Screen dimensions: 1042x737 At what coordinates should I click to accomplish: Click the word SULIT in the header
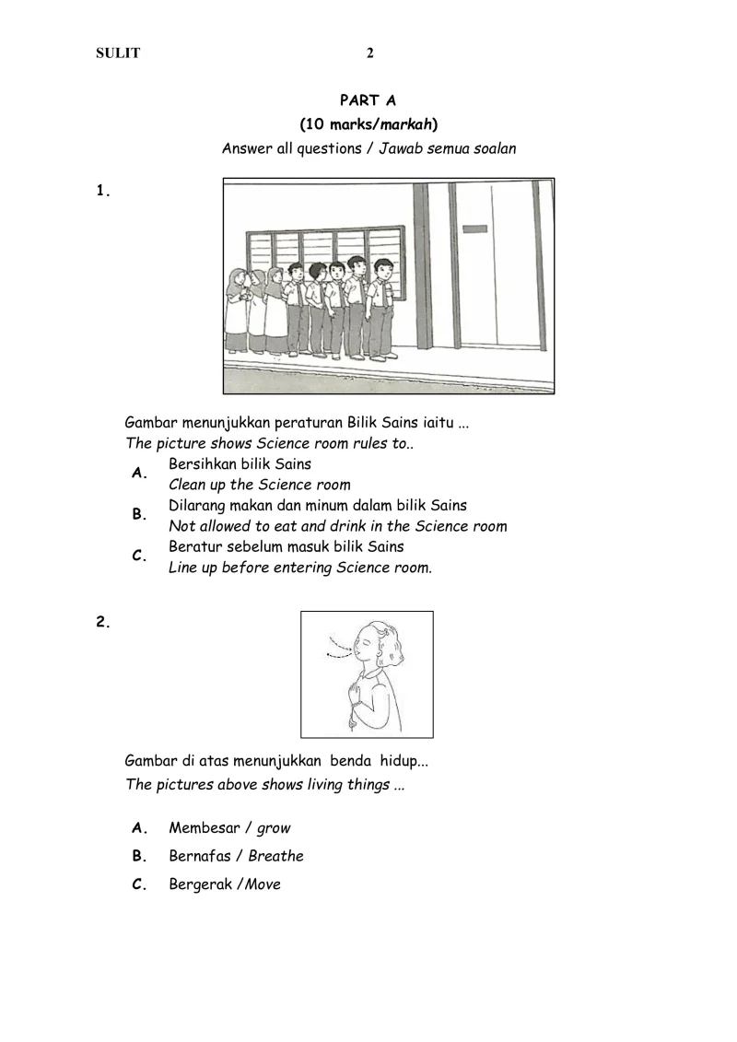pyautogui.click(x=118, y=53)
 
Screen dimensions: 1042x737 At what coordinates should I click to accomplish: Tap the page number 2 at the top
pyautogui.click(x=370, y=53)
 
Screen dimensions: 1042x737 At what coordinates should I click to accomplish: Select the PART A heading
pyautogui.click(x=368, y=100)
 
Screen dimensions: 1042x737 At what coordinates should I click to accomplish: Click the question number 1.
pyautogui.click(x=103, y=192)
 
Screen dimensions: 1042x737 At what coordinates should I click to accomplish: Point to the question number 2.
pyautogui.click(x=103, y=622)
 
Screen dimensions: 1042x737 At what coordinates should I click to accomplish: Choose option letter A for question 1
pyautogui.click(x=140, y=474)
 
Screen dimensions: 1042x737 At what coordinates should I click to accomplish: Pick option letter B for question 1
pyautogui.click(x=140, y=515)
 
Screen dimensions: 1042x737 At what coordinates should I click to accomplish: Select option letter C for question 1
pyautogui.click(x=140, y=556)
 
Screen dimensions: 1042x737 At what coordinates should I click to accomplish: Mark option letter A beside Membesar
pyautogui.click(x=140, y=827)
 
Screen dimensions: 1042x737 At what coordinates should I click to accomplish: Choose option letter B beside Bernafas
pyautogui.click(x=140, y=856)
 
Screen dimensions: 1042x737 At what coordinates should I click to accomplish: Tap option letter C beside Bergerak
pyautogui.click(x=140, y=884)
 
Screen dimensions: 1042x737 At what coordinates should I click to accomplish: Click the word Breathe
pyautogui.click(x=275, y=856)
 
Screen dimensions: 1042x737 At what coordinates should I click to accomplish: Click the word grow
pyautogui.click(x=274, y=828)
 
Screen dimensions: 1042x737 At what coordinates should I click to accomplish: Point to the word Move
pyautogui.click(x=263, y=884)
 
